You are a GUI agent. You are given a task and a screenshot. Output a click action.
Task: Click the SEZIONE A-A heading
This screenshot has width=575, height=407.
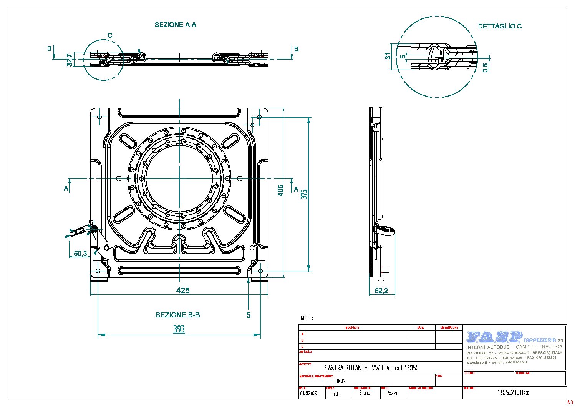pyautogui.click(x=176, y=25)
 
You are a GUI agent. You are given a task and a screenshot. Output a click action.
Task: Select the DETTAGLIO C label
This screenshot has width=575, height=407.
pyautogui.click(x=500, y=26)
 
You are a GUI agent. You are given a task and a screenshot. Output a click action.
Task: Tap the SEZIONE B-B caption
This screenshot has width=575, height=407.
pyautogui.click(x=177, y=315)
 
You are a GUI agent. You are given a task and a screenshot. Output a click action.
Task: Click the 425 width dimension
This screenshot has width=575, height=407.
pyautogui.click(x=183, y=290)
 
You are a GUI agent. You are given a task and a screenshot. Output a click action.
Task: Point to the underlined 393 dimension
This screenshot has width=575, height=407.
pyautogui.click(x=179, y=329)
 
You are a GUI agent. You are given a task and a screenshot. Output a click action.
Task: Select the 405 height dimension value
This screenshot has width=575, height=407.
pyautogui.click(x=281, y=190)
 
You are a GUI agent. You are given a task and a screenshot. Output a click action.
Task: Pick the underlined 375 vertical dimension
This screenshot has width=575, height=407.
pyautogui.click(x=304, y=193)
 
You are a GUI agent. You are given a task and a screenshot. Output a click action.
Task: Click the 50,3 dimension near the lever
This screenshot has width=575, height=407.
pyautogui.click(x=81, y=253)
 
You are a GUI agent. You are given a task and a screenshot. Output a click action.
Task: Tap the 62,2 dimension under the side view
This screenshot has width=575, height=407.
pyautogui.click(x=381, y=291)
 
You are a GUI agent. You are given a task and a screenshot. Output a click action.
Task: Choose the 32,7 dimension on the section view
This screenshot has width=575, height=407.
pyautogui.click(x=70, y=60)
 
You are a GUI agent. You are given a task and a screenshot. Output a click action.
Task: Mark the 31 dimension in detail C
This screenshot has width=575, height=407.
pyautogui.click(x=388, y=57)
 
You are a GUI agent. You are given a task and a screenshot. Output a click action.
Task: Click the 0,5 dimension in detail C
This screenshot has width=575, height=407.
pyautogui.click(x=486, y=68)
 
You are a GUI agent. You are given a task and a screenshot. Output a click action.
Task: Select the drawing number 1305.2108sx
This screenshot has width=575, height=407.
pyautogui.click(x=513, y=393)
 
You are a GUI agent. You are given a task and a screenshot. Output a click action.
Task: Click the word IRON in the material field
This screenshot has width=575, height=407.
pyautogui.click(x=341, y=380)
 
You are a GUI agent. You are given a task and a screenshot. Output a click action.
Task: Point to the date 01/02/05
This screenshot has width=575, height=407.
pyautogui.click(x=308, y=394)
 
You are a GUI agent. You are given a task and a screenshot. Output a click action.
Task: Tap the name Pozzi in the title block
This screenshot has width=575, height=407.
pyautogui.click(x=391, y=393)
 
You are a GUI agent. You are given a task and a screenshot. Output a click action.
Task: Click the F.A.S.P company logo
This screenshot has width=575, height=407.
pyautogui.click(x=494, y=337)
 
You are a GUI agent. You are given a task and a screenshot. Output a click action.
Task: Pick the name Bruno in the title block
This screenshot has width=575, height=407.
pyautogui.click(x=365, y=393)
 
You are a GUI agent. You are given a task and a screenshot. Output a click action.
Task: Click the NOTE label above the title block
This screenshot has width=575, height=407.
pyautogui.click(x=307, y=318)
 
